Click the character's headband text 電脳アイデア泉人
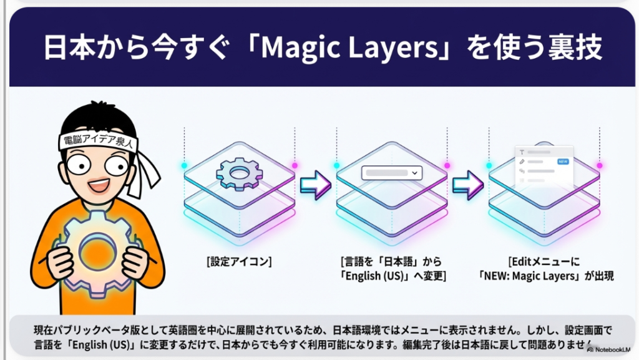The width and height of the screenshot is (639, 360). click(99, 140)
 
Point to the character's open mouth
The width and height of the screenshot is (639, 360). click(99, 186)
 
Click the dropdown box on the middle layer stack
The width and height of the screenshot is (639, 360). click(392, 173)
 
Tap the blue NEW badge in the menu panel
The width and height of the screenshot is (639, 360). click(563, 162)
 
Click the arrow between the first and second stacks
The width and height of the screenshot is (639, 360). click(315, 185)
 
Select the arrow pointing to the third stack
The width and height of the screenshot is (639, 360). click(468, 185)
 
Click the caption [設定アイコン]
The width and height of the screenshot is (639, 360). click(239, 261)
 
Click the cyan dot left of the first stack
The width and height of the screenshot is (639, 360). click(184, 165)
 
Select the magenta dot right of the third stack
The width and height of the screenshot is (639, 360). click(600, 165)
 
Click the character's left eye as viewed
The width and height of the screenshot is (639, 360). click(79, 165)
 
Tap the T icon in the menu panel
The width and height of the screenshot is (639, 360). click(522, 152)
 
